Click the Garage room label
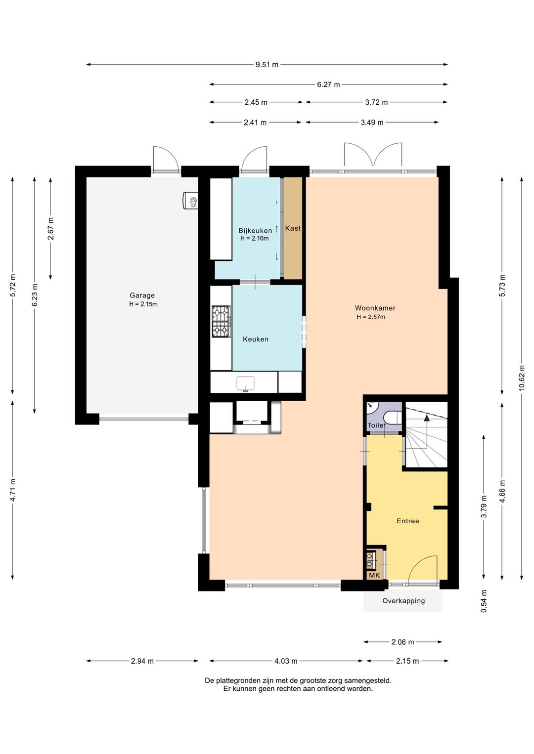click(142, 295)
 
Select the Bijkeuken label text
click(255, 231)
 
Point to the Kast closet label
click(293, 228)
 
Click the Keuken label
click(256, 339)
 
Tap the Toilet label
click(377, 425)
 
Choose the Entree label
click(408, 521)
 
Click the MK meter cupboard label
click(374, 575)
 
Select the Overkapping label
click(403, 601)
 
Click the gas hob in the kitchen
click(221, 322)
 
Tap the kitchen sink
click(246, 383)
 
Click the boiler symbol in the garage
click(191, 201)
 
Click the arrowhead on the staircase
click(427, 418)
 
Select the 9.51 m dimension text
click(267, 65)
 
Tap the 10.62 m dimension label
click(522, 377)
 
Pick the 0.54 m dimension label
click(484, 601)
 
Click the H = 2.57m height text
click(371, 317)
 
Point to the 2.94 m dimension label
click(142, 661)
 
